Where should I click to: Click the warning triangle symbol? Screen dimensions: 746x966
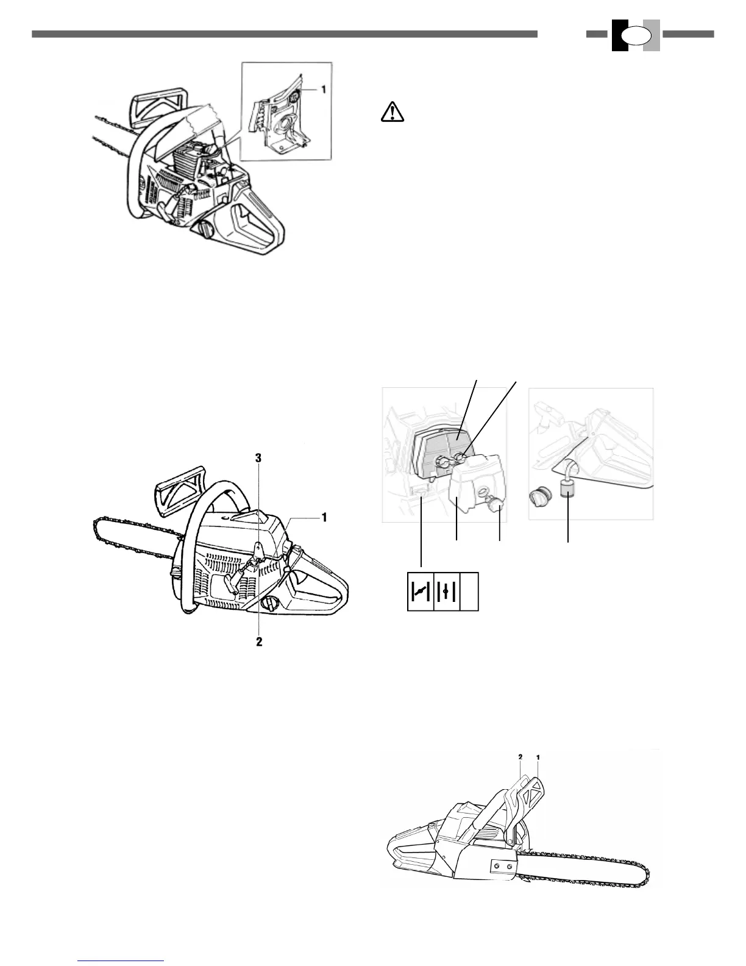pos(393,111)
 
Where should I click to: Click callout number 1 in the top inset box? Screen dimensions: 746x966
pos(324,89)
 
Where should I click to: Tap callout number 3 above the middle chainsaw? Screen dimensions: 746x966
pos(259,458)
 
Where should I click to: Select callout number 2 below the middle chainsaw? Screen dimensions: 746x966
pos(259,642)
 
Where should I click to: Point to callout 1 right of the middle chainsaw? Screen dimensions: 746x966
pos(324,517)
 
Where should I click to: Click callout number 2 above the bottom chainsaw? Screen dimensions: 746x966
pos(520,757)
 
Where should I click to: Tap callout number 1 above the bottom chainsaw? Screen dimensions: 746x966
pos(539,757)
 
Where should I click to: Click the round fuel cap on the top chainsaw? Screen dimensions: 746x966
pos(205,231)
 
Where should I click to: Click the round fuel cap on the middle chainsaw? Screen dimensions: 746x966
pos(269,604)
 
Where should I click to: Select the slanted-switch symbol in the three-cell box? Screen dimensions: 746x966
pos(419,591)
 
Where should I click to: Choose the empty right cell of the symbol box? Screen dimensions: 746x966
pos(470,591)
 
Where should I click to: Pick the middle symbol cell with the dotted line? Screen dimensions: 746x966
pos(447,591)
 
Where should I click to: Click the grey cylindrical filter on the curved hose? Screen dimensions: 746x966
pos(568,489)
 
